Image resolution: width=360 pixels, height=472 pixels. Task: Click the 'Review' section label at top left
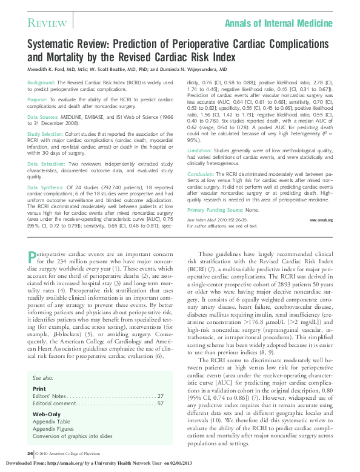coord(47,23)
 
